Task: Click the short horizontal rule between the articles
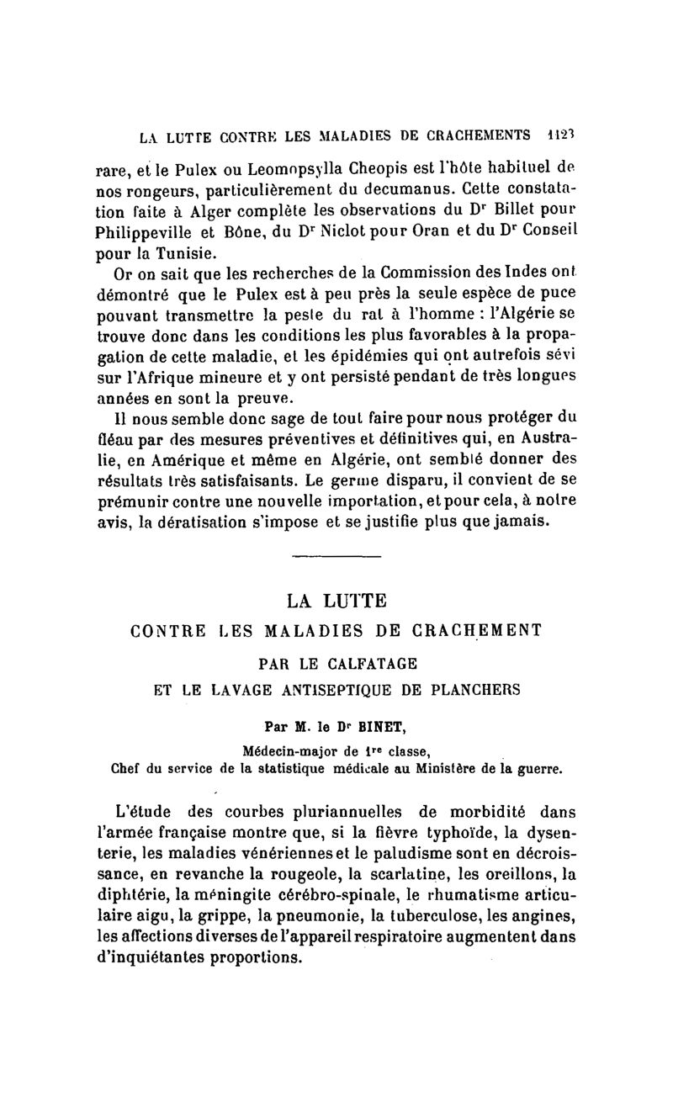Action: click(336, 557)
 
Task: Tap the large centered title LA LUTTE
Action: click(336, 601)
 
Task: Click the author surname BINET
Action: click(388, 723)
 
